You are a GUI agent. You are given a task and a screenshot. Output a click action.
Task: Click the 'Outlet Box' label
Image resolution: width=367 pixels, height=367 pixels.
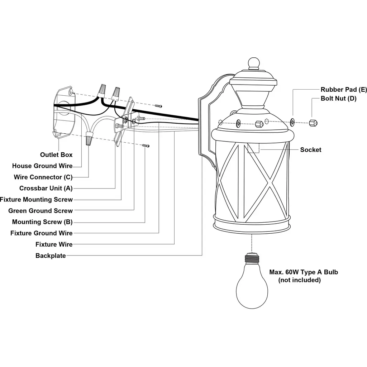[56, 155]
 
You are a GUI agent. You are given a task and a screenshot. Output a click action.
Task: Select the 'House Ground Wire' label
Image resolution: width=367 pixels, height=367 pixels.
[42, 166]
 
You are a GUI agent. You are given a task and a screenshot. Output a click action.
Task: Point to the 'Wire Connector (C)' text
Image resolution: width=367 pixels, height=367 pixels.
[43, 177]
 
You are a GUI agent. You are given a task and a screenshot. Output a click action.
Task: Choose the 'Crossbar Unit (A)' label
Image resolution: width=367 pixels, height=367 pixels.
[46, 188]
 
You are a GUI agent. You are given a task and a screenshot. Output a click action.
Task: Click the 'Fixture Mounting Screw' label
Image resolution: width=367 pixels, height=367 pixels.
[36, 200]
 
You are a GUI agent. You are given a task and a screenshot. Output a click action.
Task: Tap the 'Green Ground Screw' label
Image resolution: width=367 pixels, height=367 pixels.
[40, 211]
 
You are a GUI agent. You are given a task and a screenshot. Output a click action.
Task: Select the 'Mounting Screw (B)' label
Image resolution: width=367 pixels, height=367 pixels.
[42, 222]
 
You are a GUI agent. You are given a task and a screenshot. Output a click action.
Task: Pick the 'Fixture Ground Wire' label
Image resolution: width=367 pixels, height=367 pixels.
[42, 233]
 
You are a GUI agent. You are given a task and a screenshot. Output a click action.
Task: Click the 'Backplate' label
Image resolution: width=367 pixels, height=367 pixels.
[51, 256]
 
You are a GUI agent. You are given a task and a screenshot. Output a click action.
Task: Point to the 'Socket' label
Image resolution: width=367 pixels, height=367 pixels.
[311, 150]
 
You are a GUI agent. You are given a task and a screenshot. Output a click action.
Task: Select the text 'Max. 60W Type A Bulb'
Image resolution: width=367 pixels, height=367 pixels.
[304, 272]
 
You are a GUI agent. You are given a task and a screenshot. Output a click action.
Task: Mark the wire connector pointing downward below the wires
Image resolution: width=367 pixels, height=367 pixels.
[89, 138]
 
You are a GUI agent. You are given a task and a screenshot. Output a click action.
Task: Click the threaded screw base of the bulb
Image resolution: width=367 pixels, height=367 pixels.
[252, 258]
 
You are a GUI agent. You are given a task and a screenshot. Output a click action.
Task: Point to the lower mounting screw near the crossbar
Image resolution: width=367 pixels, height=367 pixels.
[146, 146]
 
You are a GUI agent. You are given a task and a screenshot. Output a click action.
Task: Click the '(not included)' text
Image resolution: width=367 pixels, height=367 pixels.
[299, 280]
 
